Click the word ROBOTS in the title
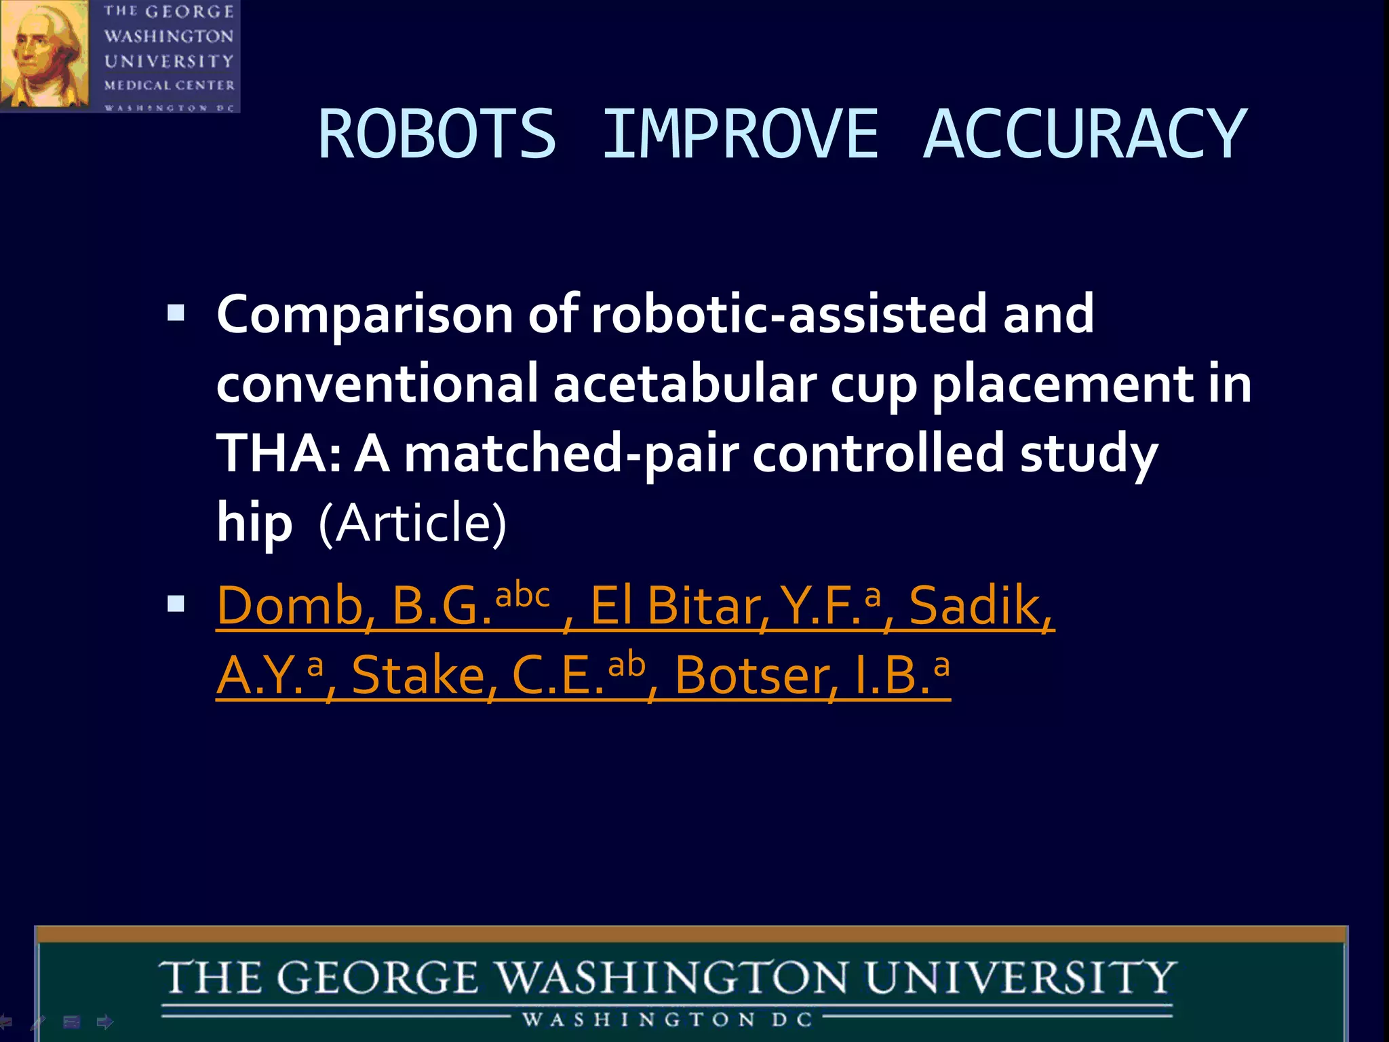(437, 135)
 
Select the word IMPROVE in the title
(740, 135)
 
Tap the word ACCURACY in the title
(1084, 135)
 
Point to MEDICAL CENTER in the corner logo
(169, 85)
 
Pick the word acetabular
(686, 384)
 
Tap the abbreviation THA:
(278, 453)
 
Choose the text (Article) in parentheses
(412, 524)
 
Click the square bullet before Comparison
(176, 313)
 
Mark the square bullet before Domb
(176, 603)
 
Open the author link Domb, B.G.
(353, 605)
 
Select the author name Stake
(417, 676)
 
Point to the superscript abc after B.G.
(522, 595)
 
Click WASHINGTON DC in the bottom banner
(667, 1020)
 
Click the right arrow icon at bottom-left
(105, 1022)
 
